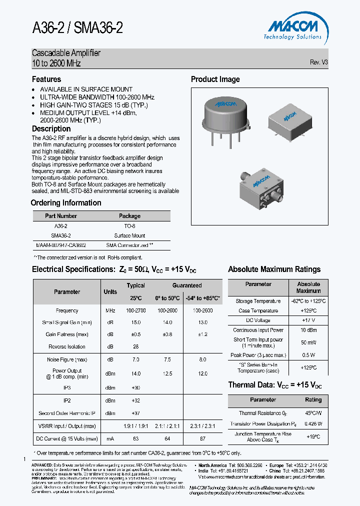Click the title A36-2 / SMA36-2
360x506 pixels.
tap(77, 28)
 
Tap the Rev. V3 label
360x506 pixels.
tap(319, 62)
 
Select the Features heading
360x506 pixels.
tap(46, 79)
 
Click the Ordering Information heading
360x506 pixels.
tap(66, 203)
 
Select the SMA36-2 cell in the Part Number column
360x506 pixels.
tap(61, 235)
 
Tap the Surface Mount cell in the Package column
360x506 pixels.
tap(129, 235)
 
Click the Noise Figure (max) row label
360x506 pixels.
tap(67, 359)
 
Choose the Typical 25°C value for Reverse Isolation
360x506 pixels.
tap(135, 346)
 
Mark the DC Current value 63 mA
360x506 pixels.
tap(135, 438)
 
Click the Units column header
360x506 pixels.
tap(110, 291)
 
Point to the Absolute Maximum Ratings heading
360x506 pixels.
tap(274, 269)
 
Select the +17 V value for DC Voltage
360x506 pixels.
tap(308, 320)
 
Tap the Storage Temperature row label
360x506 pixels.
tap(258, 301)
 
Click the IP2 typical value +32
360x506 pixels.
tap(135, 400)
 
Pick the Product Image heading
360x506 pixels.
tap(215, 79)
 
